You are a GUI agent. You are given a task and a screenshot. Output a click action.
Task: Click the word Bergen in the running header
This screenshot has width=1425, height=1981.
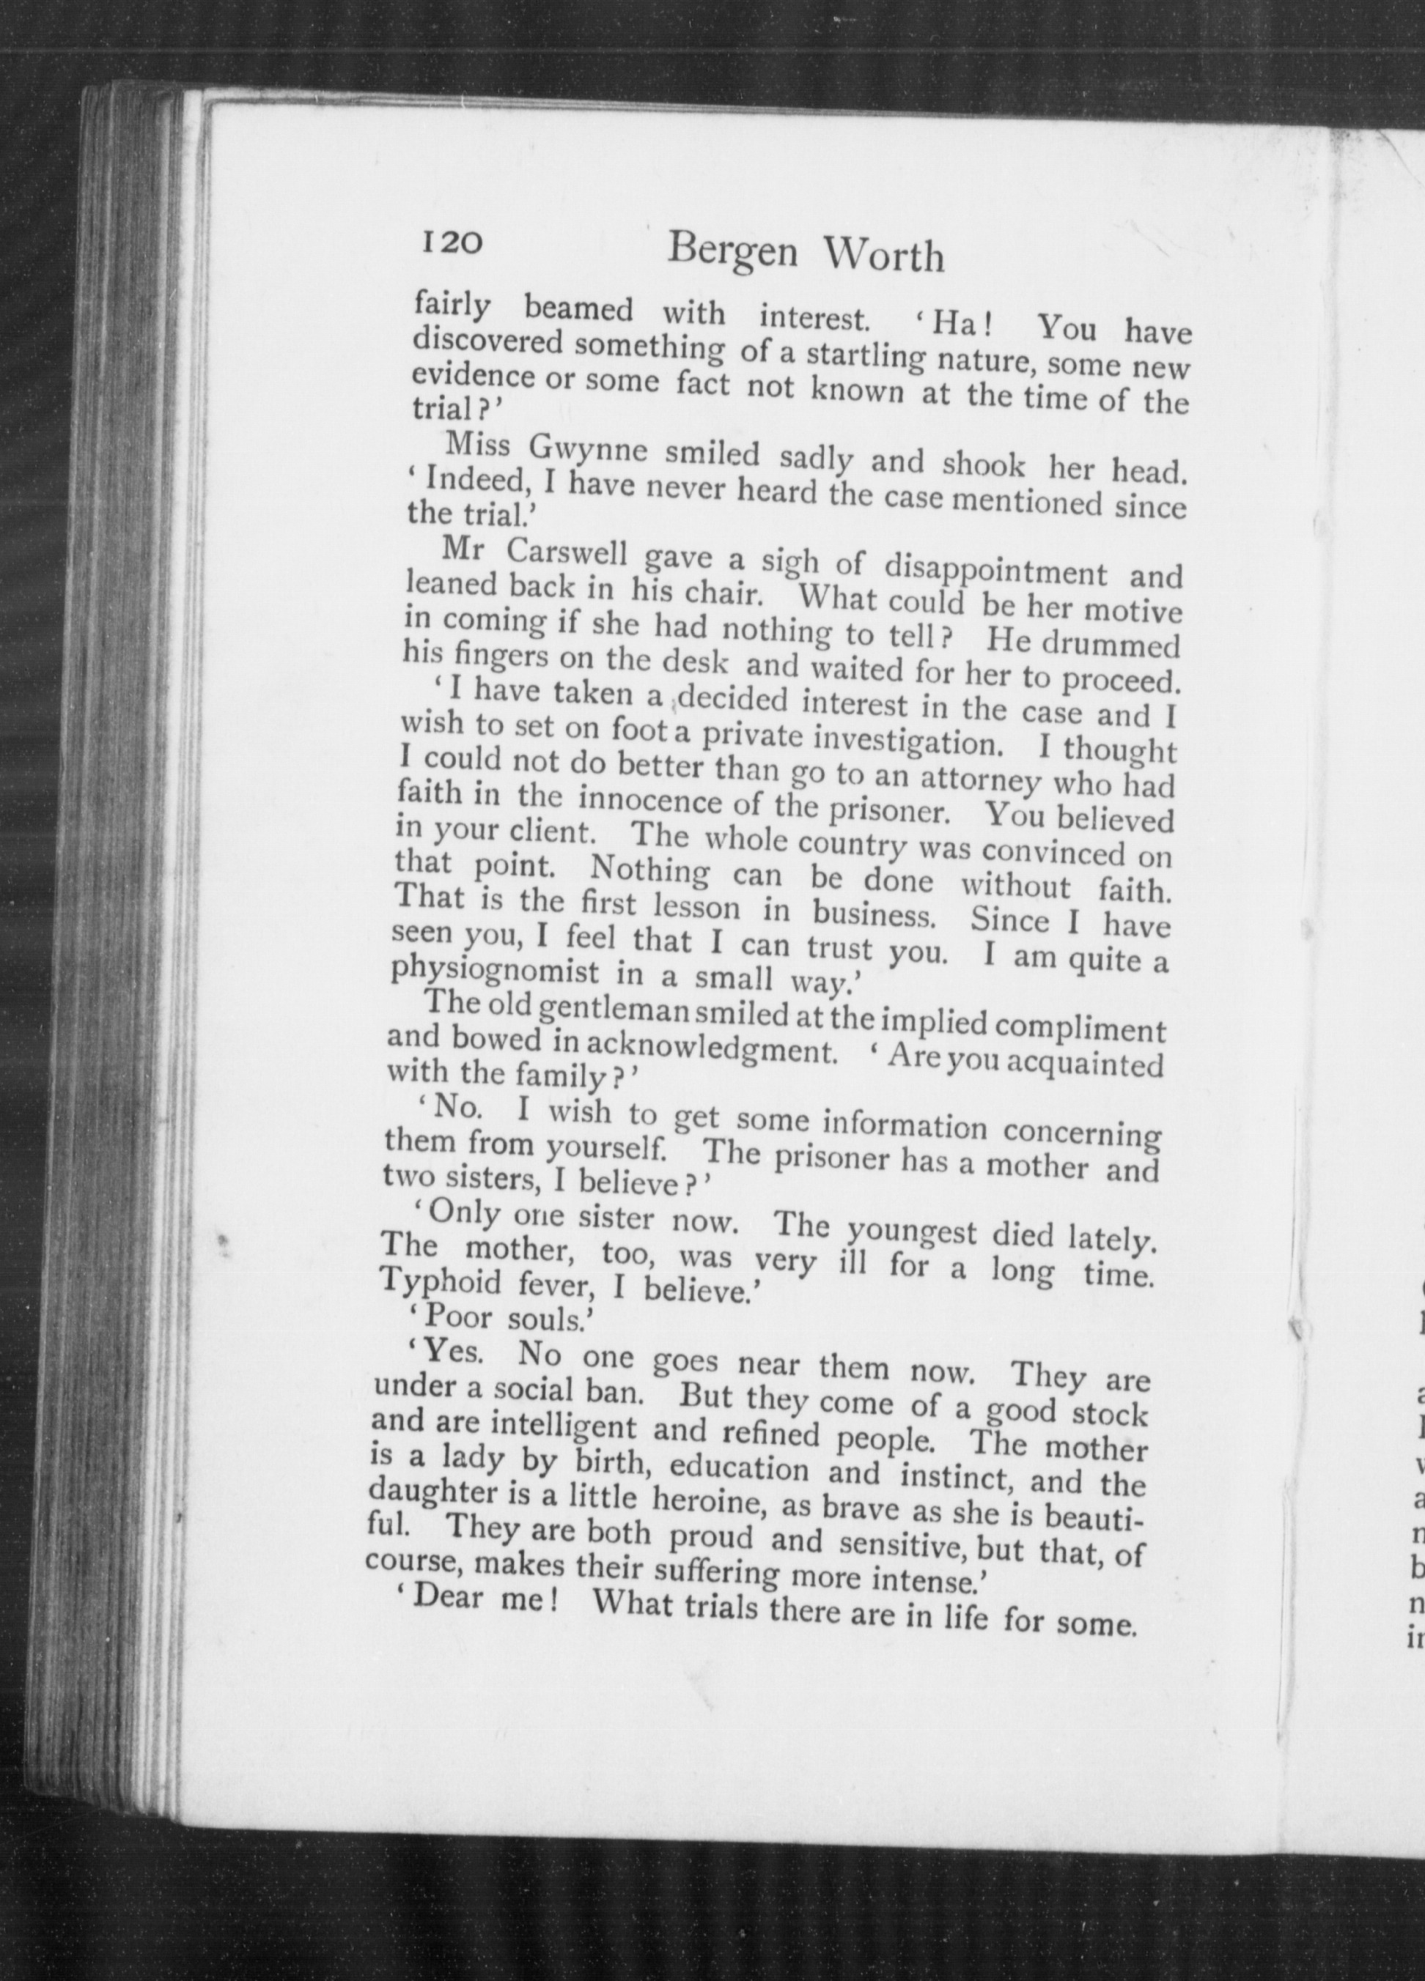coord(732,253)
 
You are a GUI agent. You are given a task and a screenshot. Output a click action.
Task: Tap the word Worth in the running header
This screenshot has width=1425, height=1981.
coord(884,256)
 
